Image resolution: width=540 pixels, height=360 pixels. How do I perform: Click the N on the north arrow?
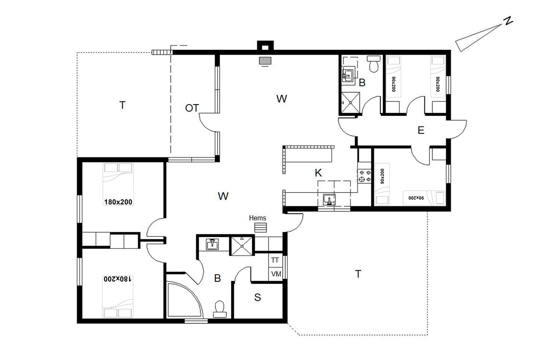pyautogui.click(x=508, y=21)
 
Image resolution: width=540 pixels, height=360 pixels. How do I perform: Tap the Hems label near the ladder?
pyautogui.click(x=257, y=218)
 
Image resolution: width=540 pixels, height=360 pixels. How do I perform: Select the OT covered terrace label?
pyautogui.click(x=192, y=108)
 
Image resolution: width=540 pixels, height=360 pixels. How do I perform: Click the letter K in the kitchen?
pyautogui.click(x=318, y=173)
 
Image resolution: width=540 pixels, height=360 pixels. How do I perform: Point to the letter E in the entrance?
pyautogui.click(x=421, y=130)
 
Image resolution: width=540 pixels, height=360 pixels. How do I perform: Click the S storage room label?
pyautogui.click(x=257, y=297)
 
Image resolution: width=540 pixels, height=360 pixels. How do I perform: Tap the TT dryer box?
pyautogui.click(x=275, y=260)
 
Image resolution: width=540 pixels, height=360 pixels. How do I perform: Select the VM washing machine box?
pyautogui.click(x=276, y=274)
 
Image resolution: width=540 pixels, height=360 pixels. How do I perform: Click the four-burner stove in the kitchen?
pyautogui.click(x=365, y=176)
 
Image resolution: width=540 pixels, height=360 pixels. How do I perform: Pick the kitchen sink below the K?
pyautogui.click(x=330, y=199)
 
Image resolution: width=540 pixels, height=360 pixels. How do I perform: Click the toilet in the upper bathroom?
pyautogui.click(x=374, y=64)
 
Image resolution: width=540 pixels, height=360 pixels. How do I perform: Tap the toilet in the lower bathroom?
pyautogui.click(x=220, y=309)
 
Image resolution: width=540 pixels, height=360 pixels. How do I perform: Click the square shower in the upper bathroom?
pyautogui.click(x=351, y=103)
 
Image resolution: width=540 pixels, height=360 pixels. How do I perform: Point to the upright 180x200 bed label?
pyautogui.click(x=118, y=202)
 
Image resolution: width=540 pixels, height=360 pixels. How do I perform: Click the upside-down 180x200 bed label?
pyautogui.click(x=118, y=279)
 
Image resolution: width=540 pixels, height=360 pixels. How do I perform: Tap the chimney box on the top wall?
pyautogui.click(x=265, y=46)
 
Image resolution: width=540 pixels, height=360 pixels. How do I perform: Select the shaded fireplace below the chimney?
pyautogui.click(x=265, y=61)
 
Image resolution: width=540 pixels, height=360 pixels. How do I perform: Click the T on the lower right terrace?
pyautogui.click(x=358, y=274)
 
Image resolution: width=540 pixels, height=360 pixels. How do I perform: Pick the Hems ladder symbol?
pyautogui.click(x=261, y=227)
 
